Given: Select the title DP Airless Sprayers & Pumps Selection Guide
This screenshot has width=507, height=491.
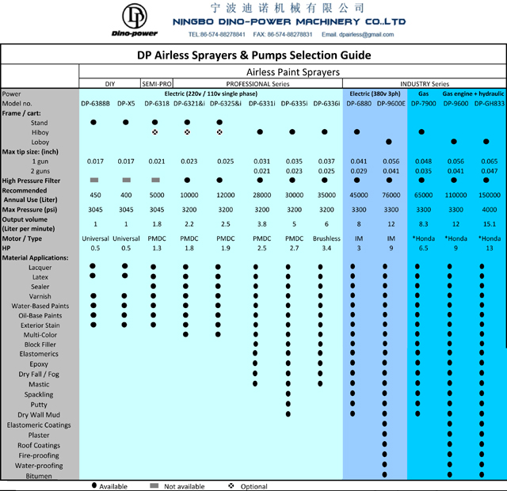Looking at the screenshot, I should (253, 55).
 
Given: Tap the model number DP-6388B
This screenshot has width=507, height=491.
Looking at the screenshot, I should (95, 103).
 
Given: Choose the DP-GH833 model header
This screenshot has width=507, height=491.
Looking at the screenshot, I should (489, 103).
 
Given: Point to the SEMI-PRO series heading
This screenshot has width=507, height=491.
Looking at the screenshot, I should (156, 83).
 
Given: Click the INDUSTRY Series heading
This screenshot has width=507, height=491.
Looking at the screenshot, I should (424, 83).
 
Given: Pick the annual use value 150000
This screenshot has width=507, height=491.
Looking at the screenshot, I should (489, 195).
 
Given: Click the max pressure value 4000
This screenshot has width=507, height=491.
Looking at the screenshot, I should (489, 210).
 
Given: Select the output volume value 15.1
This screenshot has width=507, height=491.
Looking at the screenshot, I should (489, 224).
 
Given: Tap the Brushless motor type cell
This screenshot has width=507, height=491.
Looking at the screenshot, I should (326, 238).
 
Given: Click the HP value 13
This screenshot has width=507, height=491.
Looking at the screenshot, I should (489, 248).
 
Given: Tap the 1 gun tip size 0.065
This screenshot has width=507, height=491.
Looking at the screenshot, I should (489, 161).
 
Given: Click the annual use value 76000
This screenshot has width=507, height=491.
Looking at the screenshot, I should (391, 195).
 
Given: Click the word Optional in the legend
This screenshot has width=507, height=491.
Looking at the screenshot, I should (253, 485).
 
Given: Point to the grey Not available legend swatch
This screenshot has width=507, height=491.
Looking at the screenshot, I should (154, 485).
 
